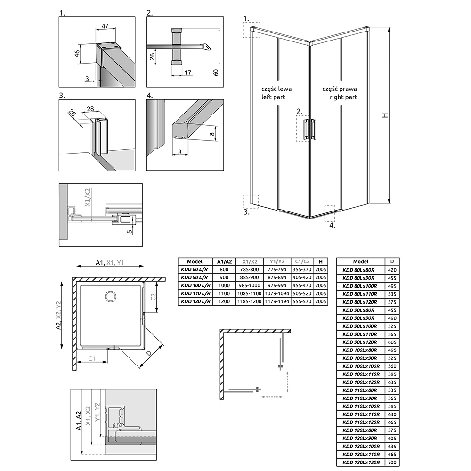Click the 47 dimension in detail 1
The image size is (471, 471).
click(105, 26)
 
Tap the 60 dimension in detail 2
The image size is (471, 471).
click(216, 73)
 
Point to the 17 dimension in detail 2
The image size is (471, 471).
click(188, 73)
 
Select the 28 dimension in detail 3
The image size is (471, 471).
click(90, 109)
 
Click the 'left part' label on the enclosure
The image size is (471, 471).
click(273, 97)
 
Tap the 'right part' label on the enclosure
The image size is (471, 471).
click(343, 97)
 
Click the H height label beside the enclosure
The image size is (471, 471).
click(385, 115)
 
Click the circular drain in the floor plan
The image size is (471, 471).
click(111, 296)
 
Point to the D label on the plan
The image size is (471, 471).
click(149, 353)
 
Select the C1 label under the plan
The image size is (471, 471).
click(92, 358)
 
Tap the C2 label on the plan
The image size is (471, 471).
click(153, 297)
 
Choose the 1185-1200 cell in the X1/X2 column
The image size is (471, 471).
click(249, 301)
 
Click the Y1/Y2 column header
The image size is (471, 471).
click(277, 261)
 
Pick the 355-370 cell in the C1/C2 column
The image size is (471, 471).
click(302, 269)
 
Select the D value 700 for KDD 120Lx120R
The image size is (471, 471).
click(392, 463)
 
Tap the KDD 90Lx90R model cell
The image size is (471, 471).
click(359, 318)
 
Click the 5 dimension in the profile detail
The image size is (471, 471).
click(129, 232)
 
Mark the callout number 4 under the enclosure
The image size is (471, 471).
click(332, 225)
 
